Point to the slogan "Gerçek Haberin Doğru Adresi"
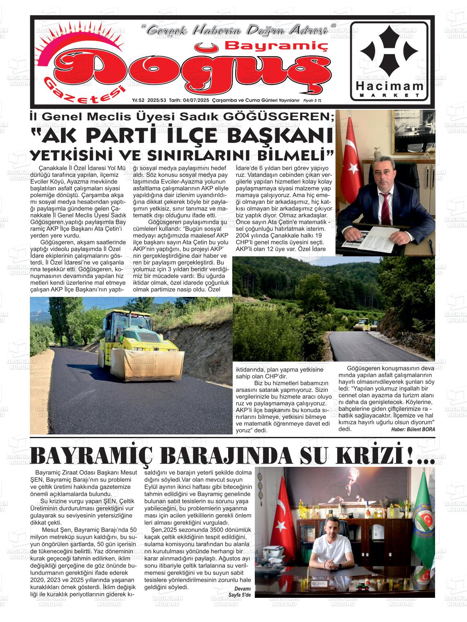coord(238,31)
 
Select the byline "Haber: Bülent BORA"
coord(413,429)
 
